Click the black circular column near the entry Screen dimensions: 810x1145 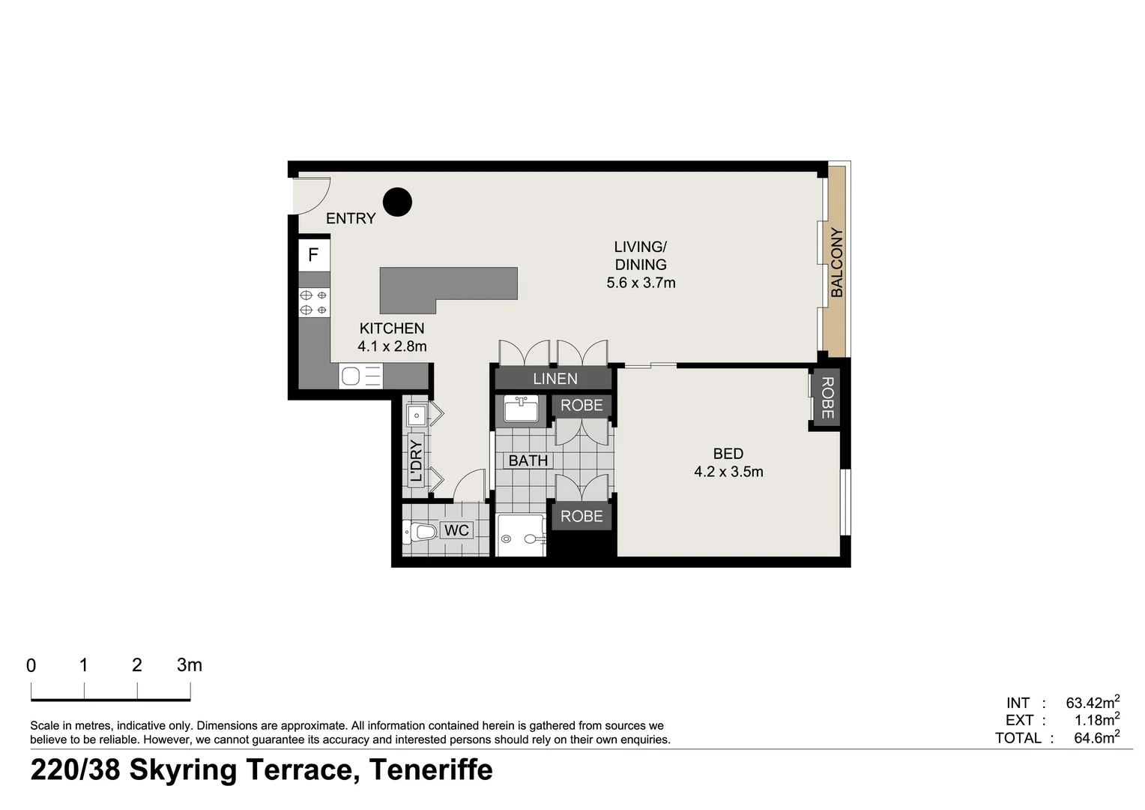397,202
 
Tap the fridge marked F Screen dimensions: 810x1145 314,255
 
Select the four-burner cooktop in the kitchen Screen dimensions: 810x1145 314,302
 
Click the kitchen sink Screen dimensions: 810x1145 351,376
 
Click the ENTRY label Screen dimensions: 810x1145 350,218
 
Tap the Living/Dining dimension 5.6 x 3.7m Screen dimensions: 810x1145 641,283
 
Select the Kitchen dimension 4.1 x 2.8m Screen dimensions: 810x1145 392,346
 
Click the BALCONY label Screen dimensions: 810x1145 836,262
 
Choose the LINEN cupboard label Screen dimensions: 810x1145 555,379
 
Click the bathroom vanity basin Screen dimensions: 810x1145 521,410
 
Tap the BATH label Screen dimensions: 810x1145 528,460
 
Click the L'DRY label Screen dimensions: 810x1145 417,460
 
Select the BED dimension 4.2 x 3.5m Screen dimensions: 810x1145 728,472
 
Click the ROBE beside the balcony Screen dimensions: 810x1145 827,397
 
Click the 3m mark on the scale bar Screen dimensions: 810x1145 189,665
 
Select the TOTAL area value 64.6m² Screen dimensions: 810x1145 1096,738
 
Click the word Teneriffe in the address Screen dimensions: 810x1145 431,770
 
